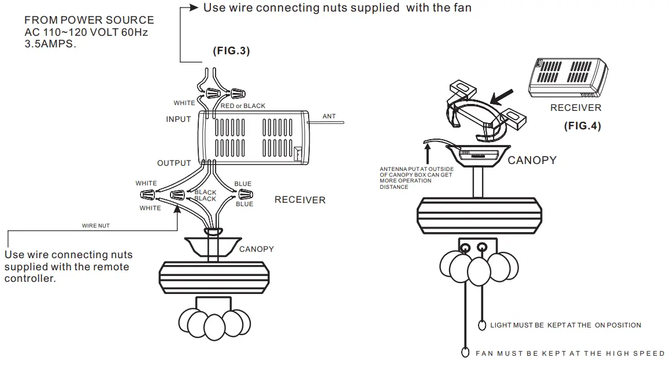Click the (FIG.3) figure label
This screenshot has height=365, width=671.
tap(231, 51)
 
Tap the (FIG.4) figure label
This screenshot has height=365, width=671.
tap(583, 126)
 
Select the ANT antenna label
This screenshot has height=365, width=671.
tap(329, 117)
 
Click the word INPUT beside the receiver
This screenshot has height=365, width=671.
tap(179, 120)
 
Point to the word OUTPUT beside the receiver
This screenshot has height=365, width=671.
tap(174, 163)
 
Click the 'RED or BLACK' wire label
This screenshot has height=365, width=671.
tap(243, 106)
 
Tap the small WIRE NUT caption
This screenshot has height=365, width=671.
tap(95, 226)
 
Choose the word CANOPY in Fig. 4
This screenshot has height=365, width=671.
tap(532, 160)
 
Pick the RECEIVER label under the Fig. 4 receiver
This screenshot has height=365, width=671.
tap(576, 107)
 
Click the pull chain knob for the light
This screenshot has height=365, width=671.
tap(483, 325)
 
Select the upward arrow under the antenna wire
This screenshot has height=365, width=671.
tap(428, 153)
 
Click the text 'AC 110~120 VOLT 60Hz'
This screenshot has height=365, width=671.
tap(86, 32)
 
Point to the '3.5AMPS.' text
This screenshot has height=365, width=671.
tap(50, 44)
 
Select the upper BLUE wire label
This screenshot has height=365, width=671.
tap(243, 184)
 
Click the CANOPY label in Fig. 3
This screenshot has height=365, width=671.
tap(257, 249)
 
